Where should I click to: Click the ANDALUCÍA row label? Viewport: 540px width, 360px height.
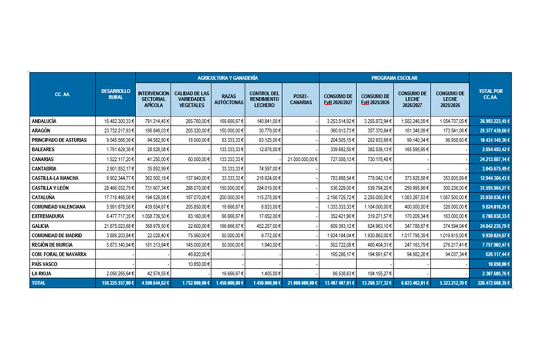tap(45, 121)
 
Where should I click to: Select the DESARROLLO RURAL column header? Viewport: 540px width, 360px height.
tap(116, 94)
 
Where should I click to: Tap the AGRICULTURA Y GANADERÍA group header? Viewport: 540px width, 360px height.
tap(227, 78)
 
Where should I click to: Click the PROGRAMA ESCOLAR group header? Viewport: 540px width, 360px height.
tap(394, 78)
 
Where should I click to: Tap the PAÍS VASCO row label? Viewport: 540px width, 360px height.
tap(45, 264)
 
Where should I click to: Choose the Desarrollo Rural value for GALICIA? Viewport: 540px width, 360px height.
tap(116, 226)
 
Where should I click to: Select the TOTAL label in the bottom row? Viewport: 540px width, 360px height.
tap(39, 283)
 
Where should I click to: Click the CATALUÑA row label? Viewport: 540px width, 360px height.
tap(43, 197)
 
